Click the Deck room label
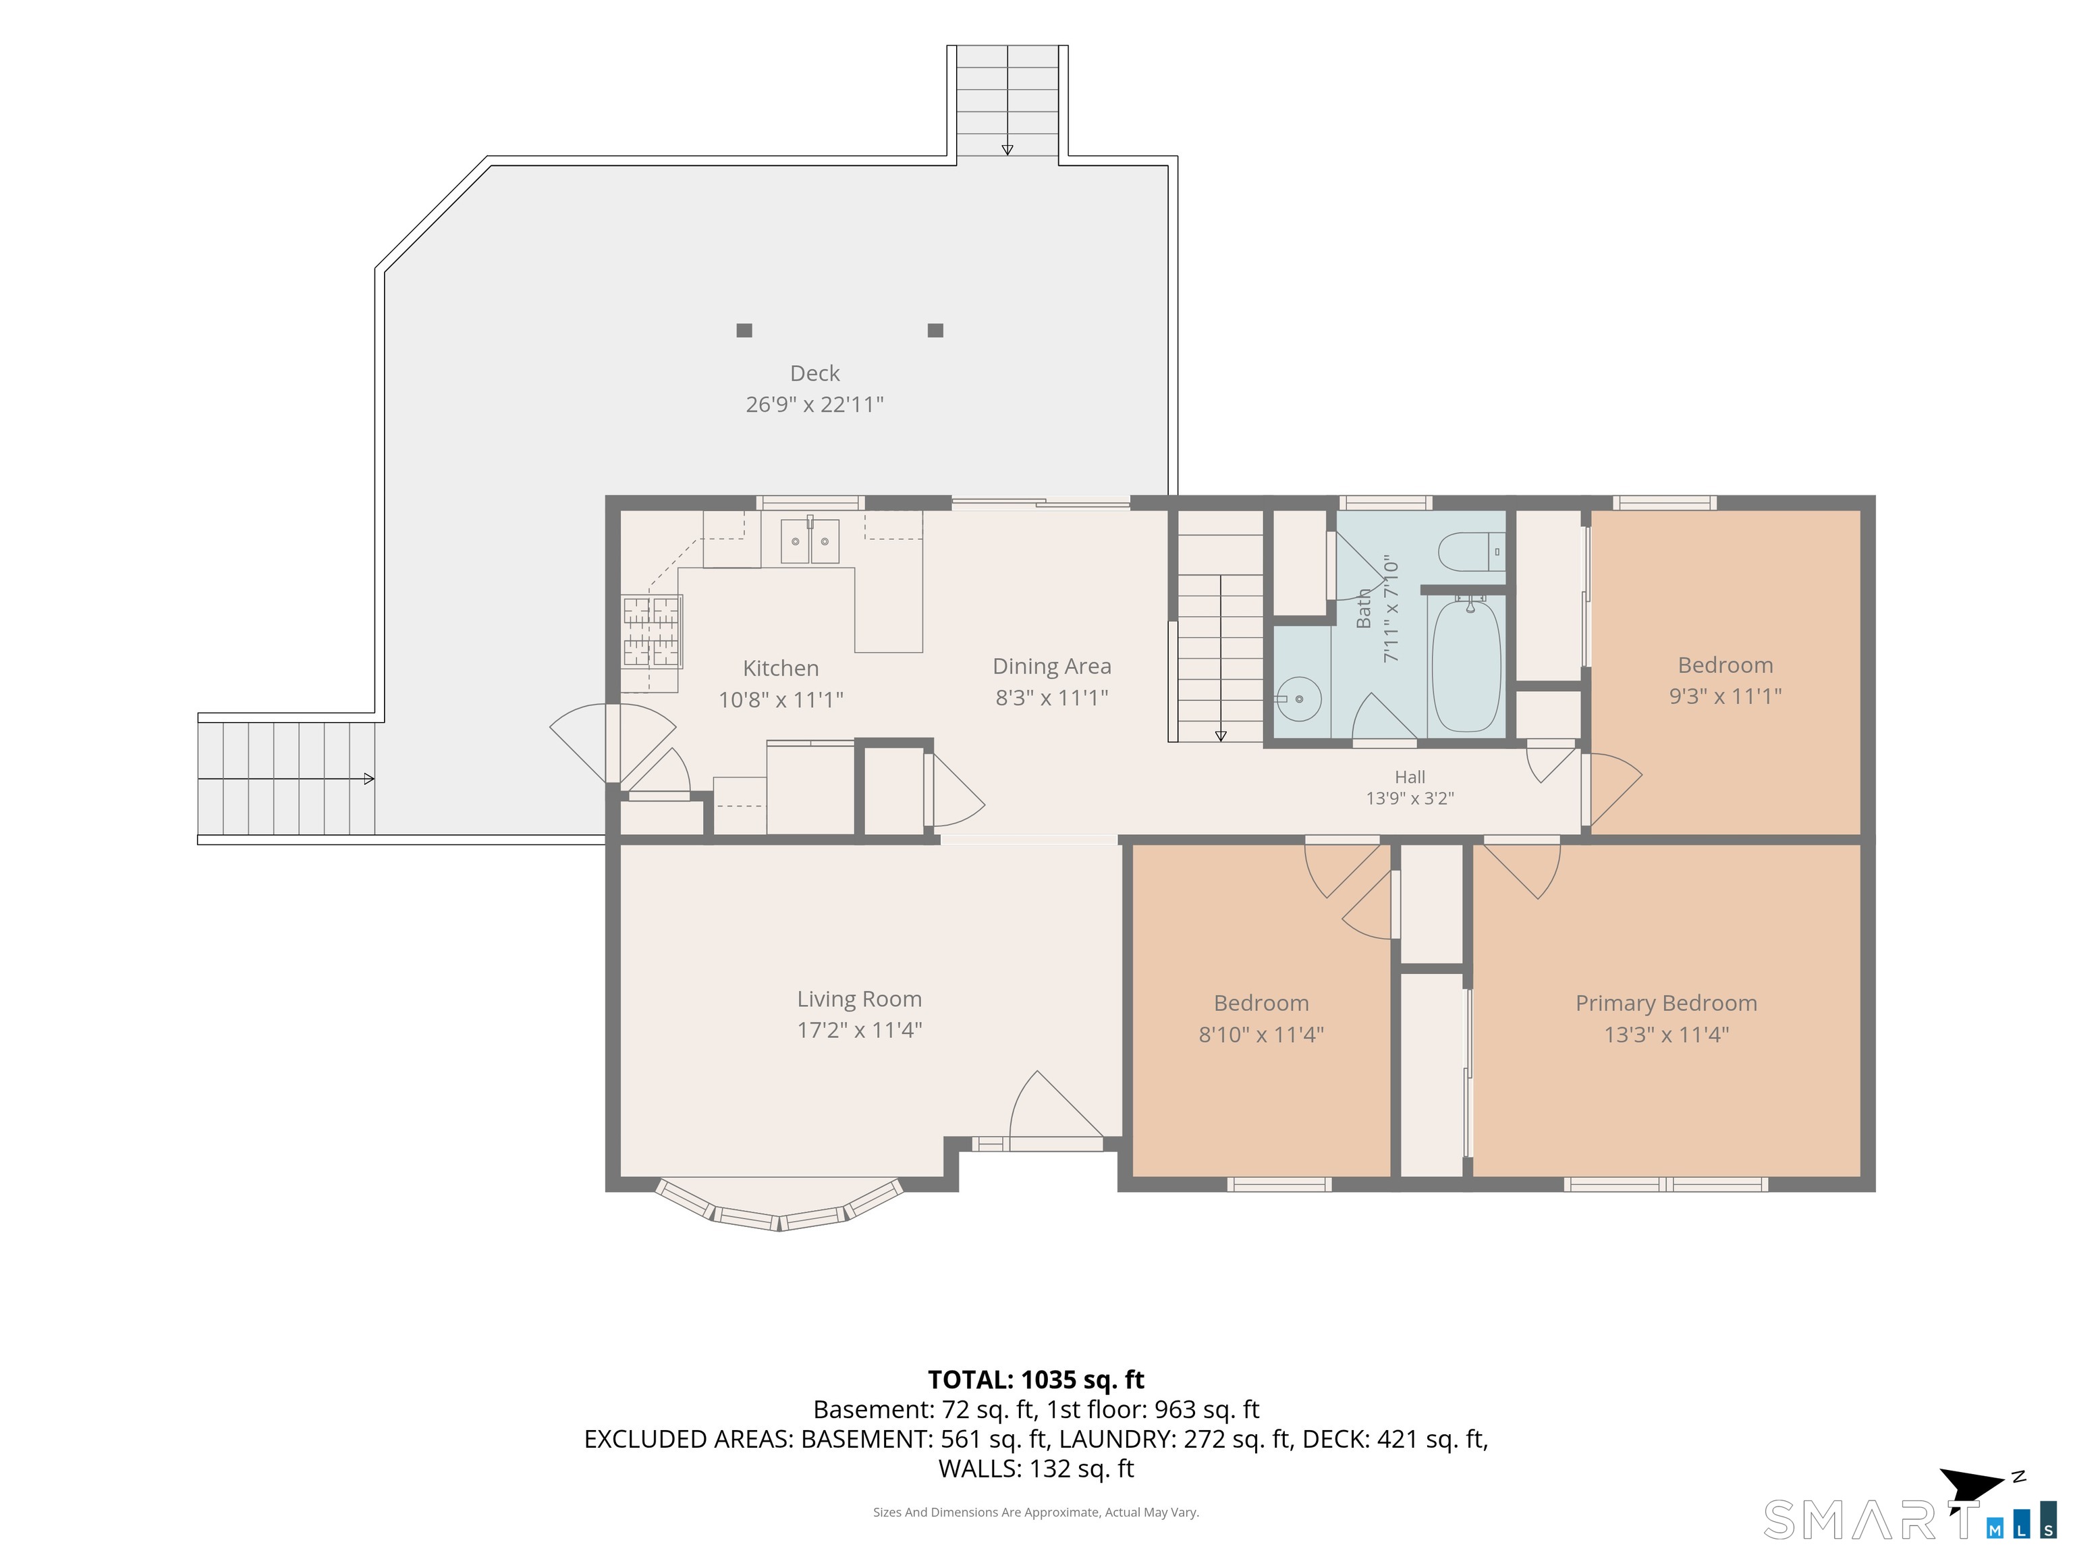pos(814,373)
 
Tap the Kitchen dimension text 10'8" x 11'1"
pos(781,699)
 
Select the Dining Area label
pos(1051,666)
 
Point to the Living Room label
pos(860,999)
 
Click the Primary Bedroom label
pos(1666,1004)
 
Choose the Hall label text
pos(1410,777)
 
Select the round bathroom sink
pos(1299,699)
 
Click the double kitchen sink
pos(810,541)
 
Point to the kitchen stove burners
pos(651,631)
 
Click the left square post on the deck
pos(744,330)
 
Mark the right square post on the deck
pos(935,330)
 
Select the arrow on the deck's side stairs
pos(287,779)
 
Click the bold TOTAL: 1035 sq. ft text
pos(1036,1380)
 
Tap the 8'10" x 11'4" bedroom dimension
pos(1261,1035)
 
